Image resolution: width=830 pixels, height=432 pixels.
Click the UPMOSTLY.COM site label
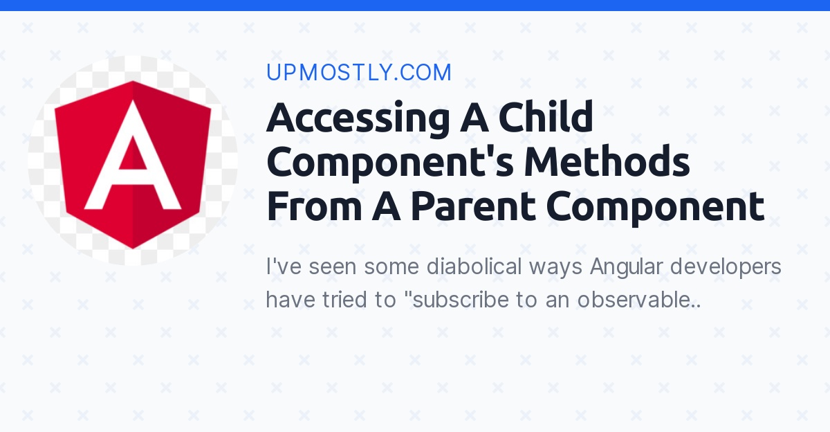pyautogui.click(x=358, y=73)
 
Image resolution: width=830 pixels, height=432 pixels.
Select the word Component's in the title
pyautogui.click(x=389, y=163)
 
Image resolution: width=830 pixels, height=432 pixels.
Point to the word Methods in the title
pyautogui.click(x=607, y=163)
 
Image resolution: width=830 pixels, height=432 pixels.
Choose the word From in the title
pyautogui.click(x=313, y=208)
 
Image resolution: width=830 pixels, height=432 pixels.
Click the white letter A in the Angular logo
pyautogui.click(x=132, y=167)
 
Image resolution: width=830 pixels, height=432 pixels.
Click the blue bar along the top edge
pyautogui.click(x=415, y=5)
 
